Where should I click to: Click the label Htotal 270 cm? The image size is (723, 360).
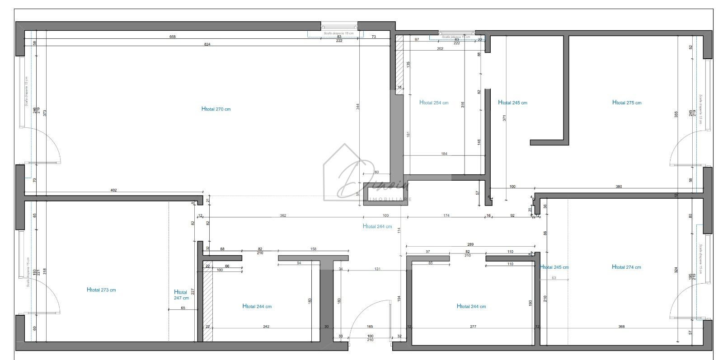pyautogui.click(x=216, y=109)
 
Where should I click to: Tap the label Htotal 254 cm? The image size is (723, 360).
pyautogui.click(x=434, y=103)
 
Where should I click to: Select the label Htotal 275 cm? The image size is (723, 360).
pyautogui.click(x=627, y=103)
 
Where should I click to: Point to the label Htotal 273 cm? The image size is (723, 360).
pyautogui.click(x=101, y=290)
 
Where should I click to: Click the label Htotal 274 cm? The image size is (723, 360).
pyautogui.click(x=626, y=267)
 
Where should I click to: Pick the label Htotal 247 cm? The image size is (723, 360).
pyautogui.click(x=181, y=295)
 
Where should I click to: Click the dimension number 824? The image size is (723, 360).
pyautogui.click(x=207, y=44)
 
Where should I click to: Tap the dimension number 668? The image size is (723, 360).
pyautogui.click(x=173, y=37)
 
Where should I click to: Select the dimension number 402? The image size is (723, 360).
pyautogui.click(x=114, y=190)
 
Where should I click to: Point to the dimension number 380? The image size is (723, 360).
pyautogui.click(x=619, y=187)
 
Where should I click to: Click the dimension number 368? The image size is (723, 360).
pyautogui.click(x=621, y=327)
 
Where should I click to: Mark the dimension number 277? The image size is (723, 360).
pyautogui.click(x=473, y=327)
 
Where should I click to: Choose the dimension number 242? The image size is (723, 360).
pyautogui.click(x=266, y=327)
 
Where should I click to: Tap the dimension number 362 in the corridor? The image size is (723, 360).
pyautogui.click(x=283, y=216)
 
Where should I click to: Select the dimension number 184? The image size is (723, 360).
pyautogui.click(x=444, y=154)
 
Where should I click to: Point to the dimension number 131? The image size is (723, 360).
pyautogui.click(x=377, y=269)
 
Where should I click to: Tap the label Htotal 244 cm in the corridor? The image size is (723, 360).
pyautogui.click(x=377, y=227)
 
